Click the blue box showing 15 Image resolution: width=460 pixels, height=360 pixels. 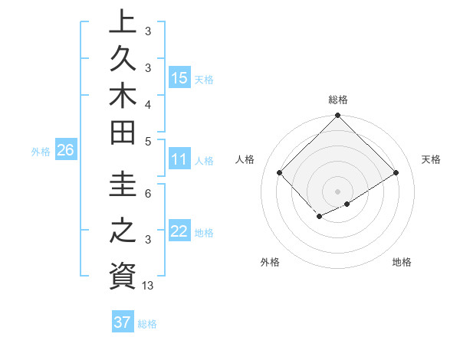click(179, 78)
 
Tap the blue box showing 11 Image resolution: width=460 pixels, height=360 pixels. click(179, 160)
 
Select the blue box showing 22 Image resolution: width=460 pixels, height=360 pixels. click(179, 231)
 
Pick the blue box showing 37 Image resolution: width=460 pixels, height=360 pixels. click(122, 322)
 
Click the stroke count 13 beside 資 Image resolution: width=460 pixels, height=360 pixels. click(148, 286)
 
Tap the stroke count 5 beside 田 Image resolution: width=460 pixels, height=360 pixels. click(148, 141)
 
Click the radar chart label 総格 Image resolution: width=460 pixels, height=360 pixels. click(338, 100)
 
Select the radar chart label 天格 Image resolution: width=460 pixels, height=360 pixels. click(431, 159)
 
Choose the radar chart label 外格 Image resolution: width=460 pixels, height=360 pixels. click(270, 262)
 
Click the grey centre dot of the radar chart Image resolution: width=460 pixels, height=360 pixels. click(337, 191)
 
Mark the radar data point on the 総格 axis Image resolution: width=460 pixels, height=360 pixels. click(337, 116)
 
